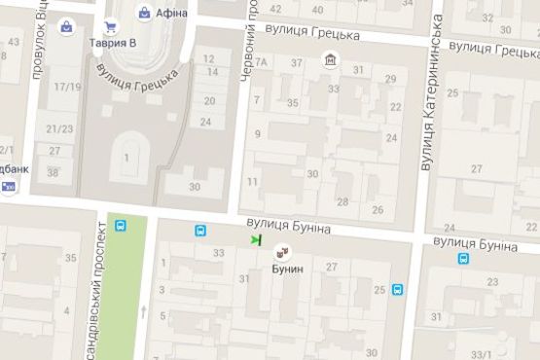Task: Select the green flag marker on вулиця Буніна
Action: click(256, 238)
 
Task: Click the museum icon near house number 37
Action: click(332, 63)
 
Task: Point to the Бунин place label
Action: click(287, 268)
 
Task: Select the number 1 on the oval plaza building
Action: click(126, 157)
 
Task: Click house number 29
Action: click(390, 78)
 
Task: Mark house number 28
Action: click(342, 201)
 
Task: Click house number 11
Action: click(253, 182)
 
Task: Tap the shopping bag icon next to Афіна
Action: click(145, 13)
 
